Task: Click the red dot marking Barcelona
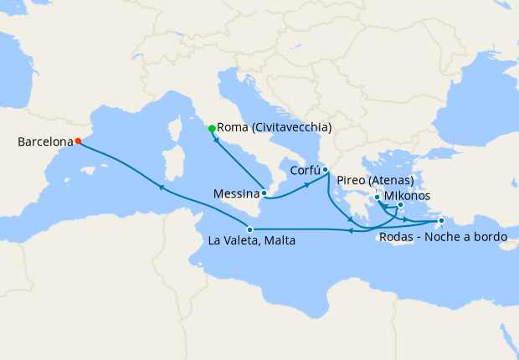(x=77, y=141)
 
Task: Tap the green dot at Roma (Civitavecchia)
(x=212, y=128)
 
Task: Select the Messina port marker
(x=265, y=193)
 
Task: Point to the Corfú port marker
(x=325, y=170)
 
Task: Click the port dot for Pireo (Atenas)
(x=378, y=198)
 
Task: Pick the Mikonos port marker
(x=400, y=205)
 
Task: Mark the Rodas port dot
(x=441, y=221)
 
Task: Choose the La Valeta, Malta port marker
(x=249, y=229)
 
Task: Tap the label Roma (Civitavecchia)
(x=275, y=128)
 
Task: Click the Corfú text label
(x=305, y=170)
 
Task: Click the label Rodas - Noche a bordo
(x=443, y=238)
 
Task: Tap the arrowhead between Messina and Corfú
(x=306, y=183)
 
